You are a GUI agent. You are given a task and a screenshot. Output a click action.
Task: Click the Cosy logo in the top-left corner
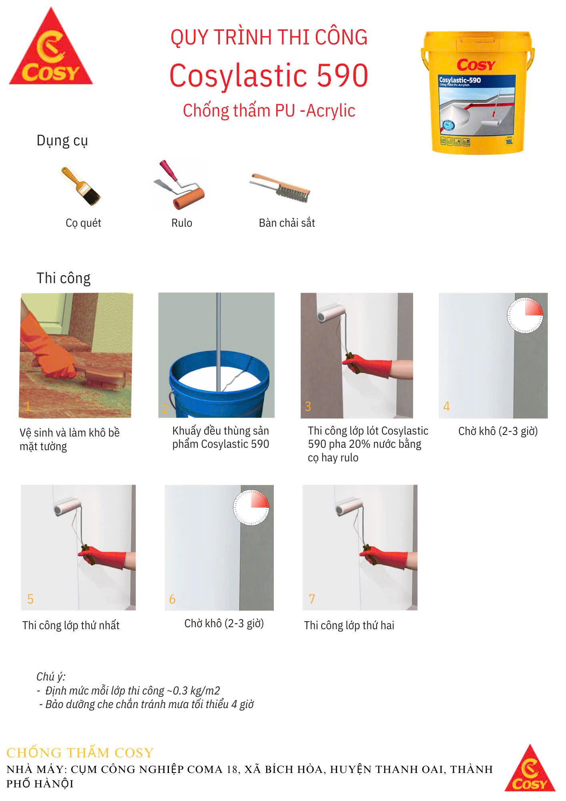pos(51,48)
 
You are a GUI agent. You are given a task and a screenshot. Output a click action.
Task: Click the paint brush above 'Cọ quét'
pos(81,186)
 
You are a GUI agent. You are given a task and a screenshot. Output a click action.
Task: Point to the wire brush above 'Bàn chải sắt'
pos(280,187)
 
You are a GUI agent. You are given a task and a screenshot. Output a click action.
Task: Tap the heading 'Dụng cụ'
pos(62,141)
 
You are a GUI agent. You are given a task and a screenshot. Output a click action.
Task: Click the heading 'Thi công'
pos(63,278)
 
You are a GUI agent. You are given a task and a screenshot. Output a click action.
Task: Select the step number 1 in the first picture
pos(27,407)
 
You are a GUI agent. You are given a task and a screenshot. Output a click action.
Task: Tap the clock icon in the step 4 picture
pos(525,315)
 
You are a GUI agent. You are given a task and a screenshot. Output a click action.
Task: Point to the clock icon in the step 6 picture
pos(251,507)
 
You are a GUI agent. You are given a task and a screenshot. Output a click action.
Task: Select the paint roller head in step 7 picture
pos(349,507)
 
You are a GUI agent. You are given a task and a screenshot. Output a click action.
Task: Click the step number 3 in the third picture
pos(308,407)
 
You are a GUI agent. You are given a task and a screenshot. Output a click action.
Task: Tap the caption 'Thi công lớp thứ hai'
pos(349,625)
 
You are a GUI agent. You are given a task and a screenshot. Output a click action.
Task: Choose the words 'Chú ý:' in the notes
pos(51,677)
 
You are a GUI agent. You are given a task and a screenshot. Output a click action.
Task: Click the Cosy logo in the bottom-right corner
pos(530,768)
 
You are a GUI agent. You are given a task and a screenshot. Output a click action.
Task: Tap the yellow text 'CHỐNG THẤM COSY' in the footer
pos(80,753)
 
